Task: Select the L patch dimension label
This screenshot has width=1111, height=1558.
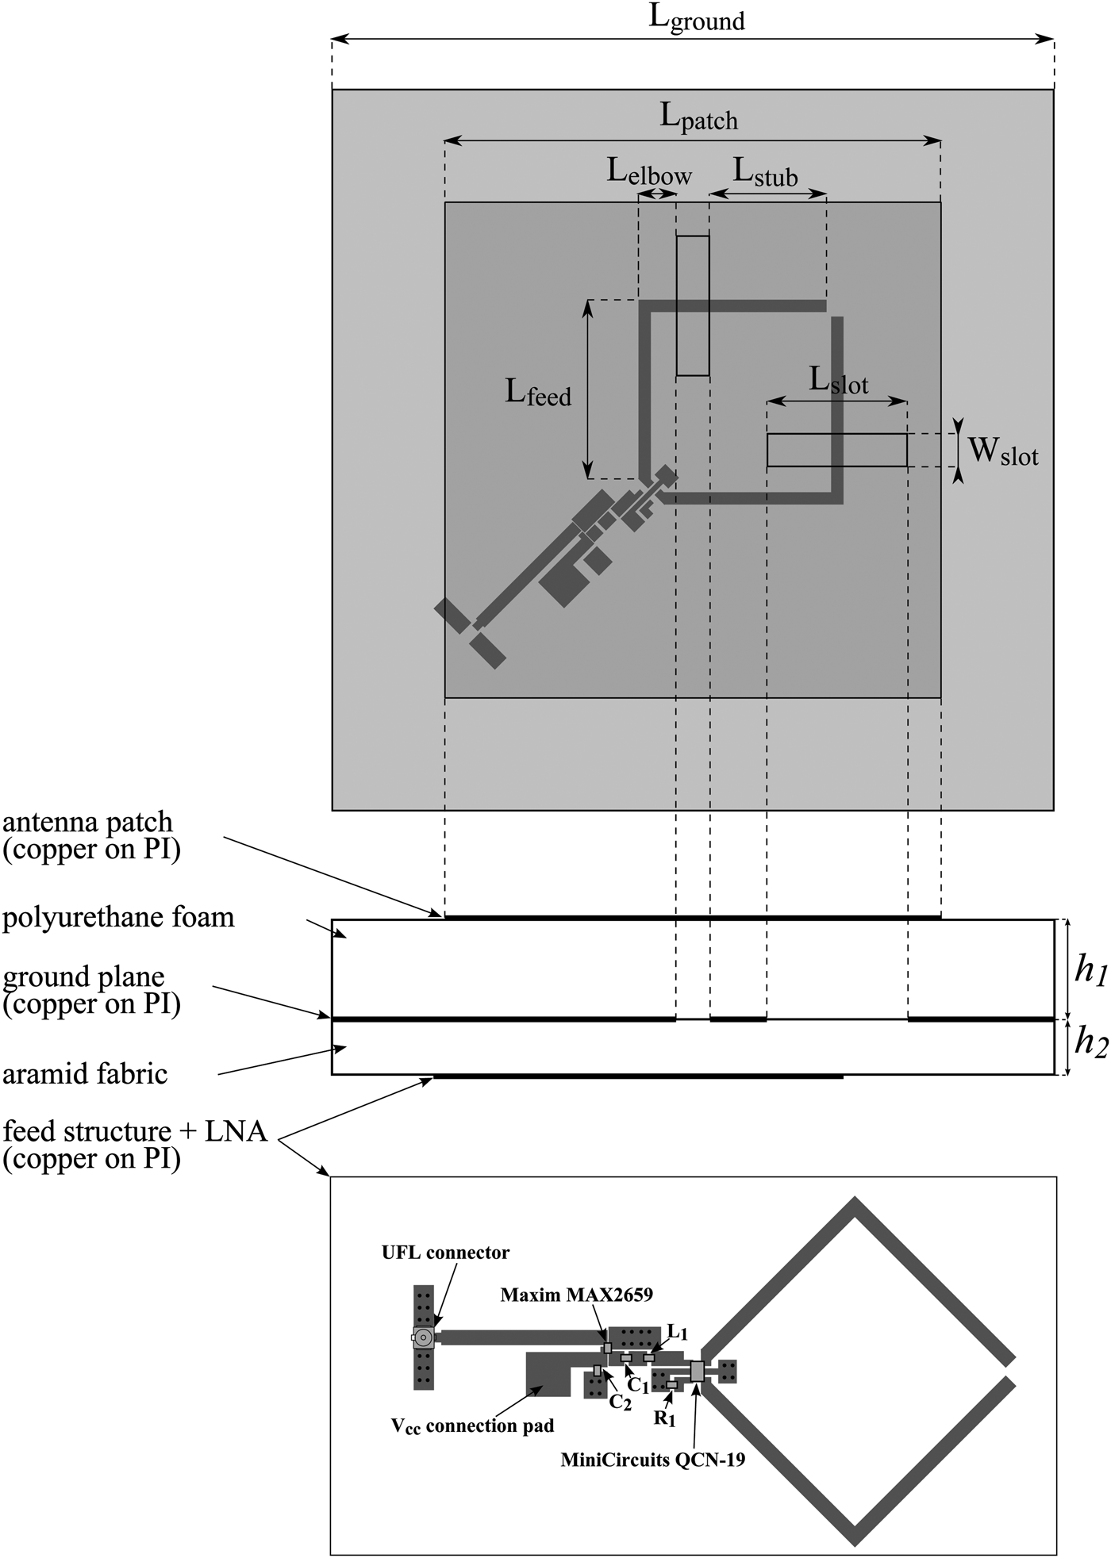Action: pyautogui.click(x=698, y=117)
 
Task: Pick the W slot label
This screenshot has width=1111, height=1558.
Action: pyautogui.click(x=1003, y=452)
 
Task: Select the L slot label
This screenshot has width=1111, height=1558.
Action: pyautogui.click(x=838, y=381)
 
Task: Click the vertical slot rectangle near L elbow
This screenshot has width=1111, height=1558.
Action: pyautogui.click(x=693, y=305)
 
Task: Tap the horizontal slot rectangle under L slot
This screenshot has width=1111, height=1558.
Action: pyautogui.click(x=836, y=450)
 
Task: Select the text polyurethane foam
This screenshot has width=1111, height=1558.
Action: pyautogui.click(x=118, y=918)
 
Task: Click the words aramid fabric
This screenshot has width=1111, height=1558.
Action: pyautogui.click(x=85, y=1074)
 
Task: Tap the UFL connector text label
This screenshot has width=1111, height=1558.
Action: pyautogui.click(x=445, y=1253)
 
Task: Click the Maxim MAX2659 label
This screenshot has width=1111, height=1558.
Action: pyautogui.click(x=576, y=1295)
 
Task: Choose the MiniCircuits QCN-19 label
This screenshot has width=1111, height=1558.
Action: pyautogui.click(x=652, y=1459)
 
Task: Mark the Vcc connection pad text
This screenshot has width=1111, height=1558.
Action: pyautogui.click(x=472, y=1426)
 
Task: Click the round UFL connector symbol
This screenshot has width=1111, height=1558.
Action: pyautogui.click(x=424, y=1337)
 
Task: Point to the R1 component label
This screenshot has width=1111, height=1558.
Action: pyautogui.click(x=664, y=1418)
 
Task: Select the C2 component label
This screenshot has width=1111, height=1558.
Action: pyautogui.click(x=620, y=1403)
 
